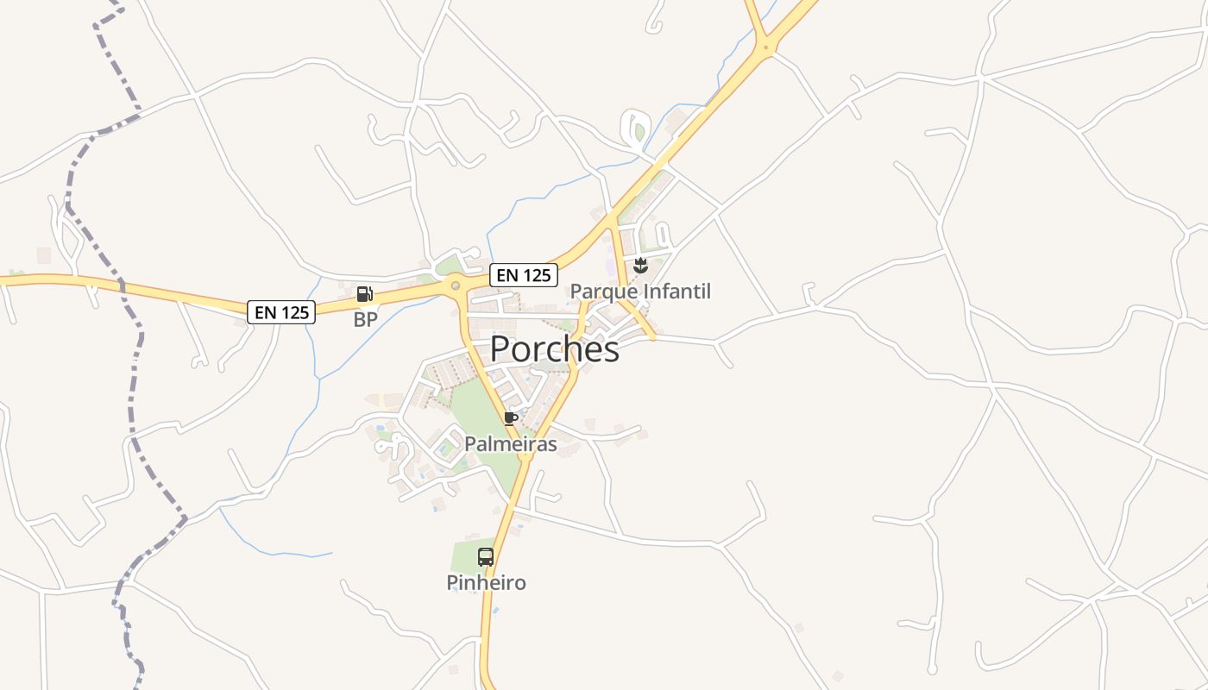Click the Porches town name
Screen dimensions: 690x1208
click(554, 349)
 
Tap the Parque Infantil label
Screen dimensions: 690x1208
click(640, 292)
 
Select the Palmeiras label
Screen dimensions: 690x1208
click(510, 444)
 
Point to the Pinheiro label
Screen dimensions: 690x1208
click(486, 583)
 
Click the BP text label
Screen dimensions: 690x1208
click(365, 320)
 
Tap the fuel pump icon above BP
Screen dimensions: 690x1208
click(364, 294)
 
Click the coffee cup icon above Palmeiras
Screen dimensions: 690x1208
click(511, 418)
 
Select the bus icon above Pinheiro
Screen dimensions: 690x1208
click(486, 557)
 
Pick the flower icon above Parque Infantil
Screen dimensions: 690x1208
click(640, 266)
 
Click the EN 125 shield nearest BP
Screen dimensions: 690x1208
click(281, 312)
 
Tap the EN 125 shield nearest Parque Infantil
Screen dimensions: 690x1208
click(523, 275)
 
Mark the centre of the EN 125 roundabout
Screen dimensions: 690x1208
click(455, 285)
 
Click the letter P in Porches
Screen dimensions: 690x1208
click(500, 349)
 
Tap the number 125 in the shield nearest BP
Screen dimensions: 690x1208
click(294, 312)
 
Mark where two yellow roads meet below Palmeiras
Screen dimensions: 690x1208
click(525, 455)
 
